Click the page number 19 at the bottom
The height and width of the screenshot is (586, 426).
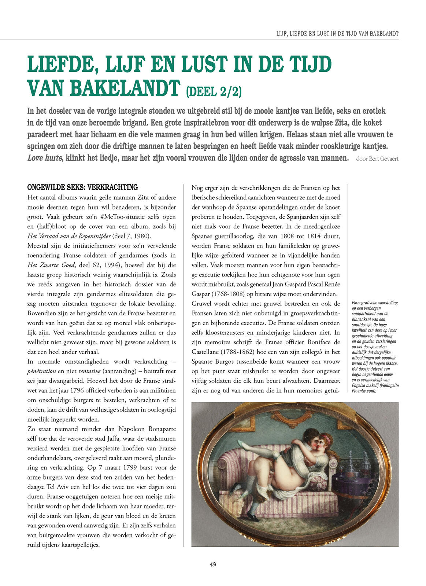point(213,564)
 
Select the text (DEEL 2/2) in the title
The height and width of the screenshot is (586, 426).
point(214,91)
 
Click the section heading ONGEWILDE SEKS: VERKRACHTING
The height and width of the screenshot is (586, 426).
point(82,188)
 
